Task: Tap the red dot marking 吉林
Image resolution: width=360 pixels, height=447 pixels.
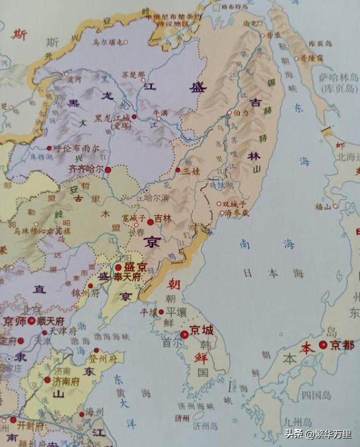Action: point(150,222)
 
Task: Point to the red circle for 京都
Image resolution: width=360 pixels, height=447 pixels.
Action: point(322,345)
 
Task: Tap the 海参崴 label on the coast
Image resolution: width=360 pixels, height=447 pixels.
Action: point(237,212)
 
